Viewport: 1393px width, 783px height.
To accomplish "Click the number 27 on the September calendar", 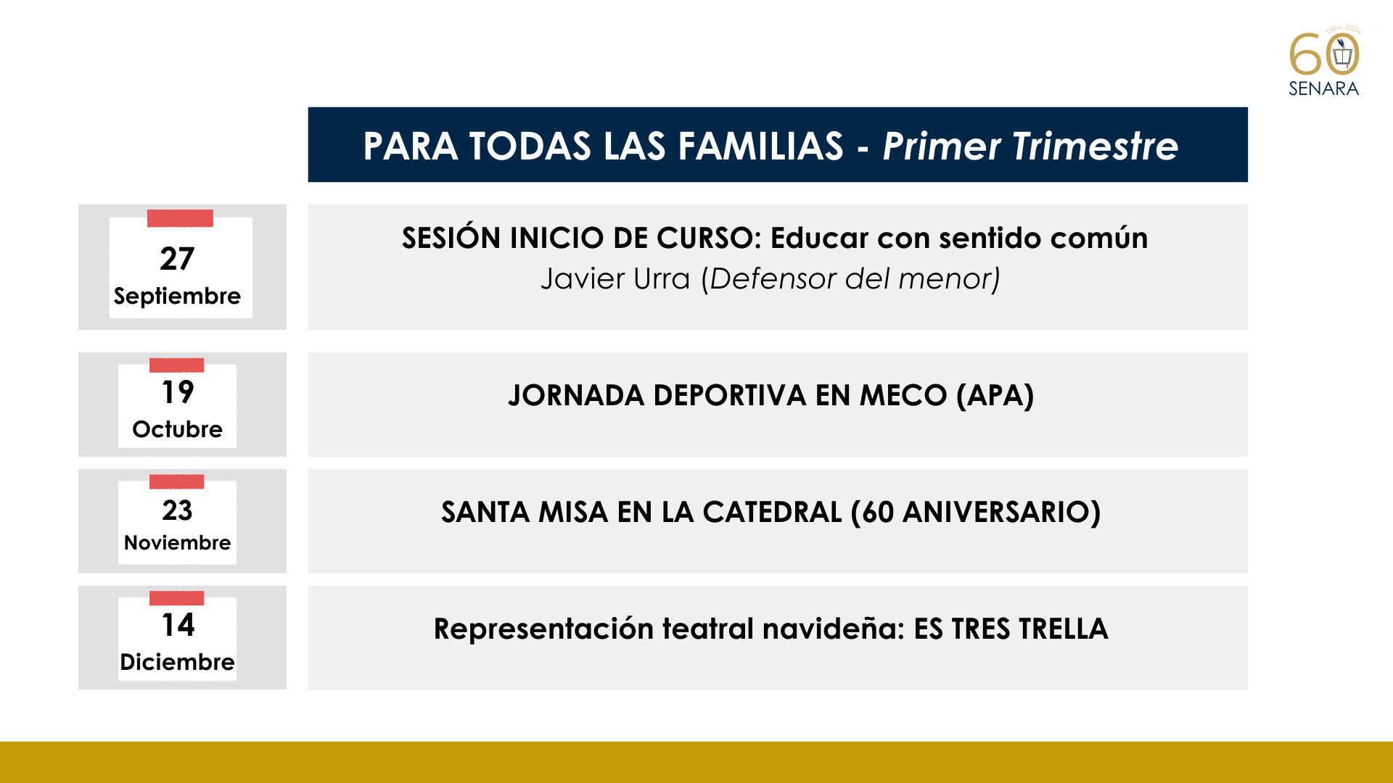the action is click(x=177, y=259).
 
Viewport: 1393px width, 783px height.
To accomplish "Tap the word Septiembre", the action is click(x=177, y=296).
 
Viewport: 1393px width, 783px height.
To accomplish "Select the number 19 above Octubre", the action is click(x=178, y=392).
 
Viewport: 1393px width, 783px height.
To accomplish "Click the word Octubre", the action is click(x=177, y=429).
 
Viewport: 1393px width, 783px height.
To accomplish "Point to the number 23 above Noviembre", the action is click(x=178, y=510).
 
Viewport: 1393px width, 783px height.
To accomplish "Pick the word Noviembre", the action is click(x=177, y=542).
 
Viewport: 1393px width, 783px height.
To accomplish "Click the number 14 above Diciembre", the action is click(x=178, y=625).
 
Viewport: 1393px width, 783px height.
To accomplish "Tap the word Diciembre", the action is click(x=177, y=662).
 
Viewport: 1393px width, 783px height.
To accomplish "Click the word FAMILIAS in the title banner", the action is click(x=760, y=146).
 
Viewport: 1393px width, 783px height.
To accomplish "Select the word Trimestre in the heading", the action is click(x=1096, y=146).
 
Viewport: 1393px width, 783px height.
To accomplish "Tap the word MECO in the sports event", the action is click(x=903, y=396).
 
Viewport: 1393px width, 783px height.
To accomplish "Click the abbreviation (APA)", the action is click(x=995, y=396).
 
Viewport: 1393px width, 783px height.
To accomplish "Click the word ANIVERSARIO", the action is click(x=1002, y=513).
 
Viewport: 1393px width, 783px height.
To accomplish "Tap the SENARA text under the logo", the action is click(x=1323, y=88).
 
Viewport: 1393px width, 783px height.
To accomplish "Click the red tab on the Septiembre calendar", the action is click(x=180, y=218).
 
